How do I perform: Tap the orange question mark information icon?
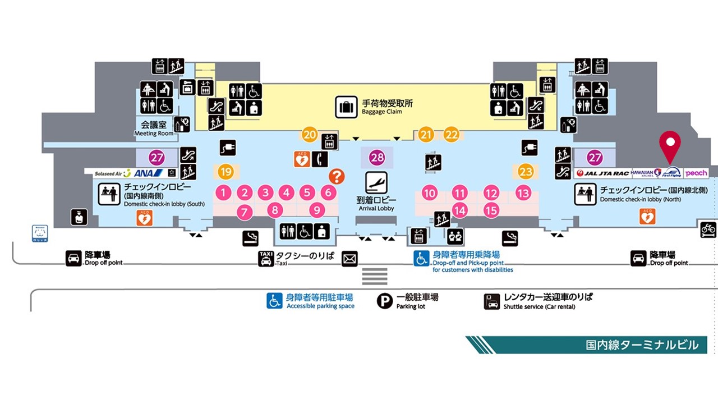[x=336, y=176]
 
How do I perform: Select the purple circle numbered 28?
[x=377, y=158]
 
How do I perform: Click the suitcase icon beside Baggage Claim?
[x=346, y=107]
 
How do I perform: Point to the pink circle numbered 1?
[x=223, y=193]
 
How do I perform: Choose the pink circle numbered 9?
[x=317, y=211]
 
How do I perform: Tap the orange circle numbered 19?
[x=226, y=172]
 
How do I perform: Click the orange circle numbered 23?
[x=526, y=172]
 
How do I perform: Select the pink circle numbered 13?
[x=523, y=194]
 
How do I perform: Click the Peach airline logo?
[x=696, y=173]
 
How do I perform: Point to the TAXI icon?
[x=266, y=259]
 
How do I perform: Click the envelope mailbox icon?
[x=349, y=259]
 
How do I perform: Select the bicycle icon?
[x=708, y=229]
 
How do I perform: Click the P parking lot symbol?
[x=385, y=301]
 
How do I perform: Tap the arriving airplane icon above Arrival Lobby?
[x=376, y=183]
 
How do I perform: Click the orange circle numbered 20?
[x=310, y=135]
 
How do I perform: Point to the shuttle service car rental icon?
[x=492, y=301]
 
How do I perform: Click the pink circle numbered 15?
[x=491, y=211]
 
